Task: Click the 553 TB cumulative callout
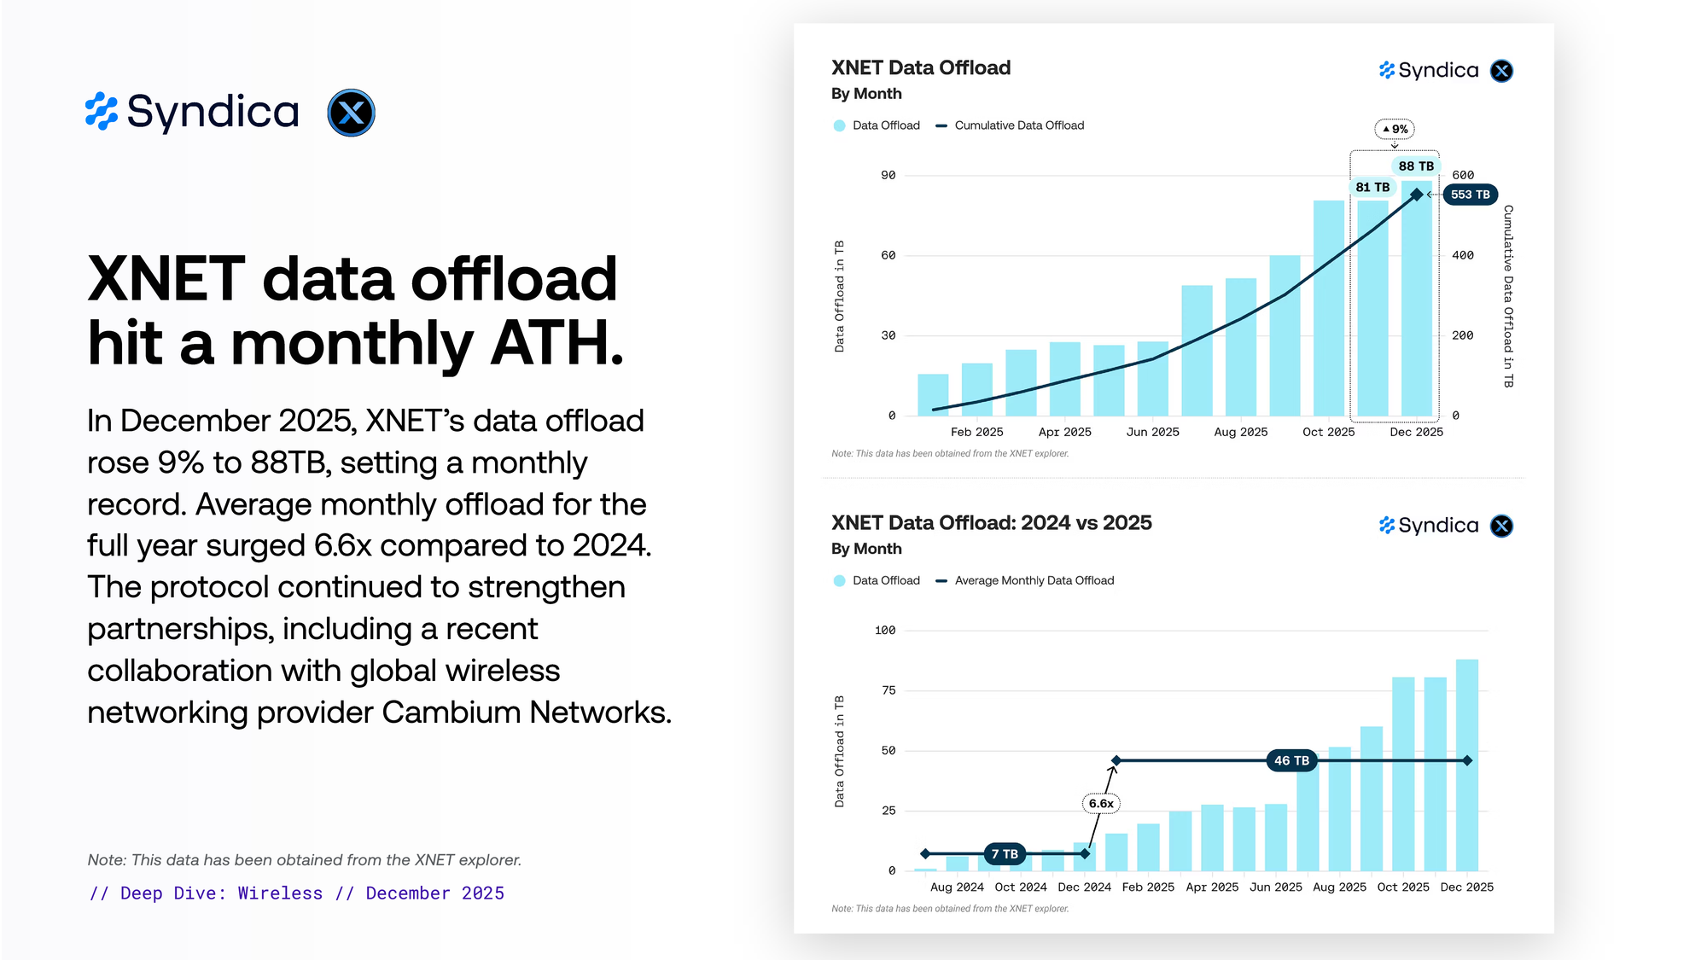(1470, 195)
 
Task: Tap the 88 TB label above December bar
(1416, 166)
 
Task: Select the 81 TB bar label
(1372, 187)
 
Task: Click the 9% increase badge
(1395, 130)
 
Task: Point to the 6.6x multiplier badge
(1101, 804)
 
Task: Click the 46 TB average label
(1291, 760)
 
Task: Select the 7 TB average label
(1005, 854)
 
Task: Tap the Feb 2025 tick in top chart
(976, 432)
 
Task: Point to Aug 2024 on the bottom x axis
(957, 887)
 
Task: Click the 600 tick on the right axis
(1463, 175)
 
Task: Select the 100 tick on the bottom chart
(885, 631)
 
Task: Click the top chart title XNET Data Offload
(921, 67)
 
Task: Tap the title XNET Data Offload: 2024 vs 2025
(991, 522)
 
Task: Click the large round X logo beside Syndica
(351, 113)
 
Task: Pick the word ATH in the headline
(556, 343)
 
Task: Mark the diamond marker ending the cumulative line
(1417, 195)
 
